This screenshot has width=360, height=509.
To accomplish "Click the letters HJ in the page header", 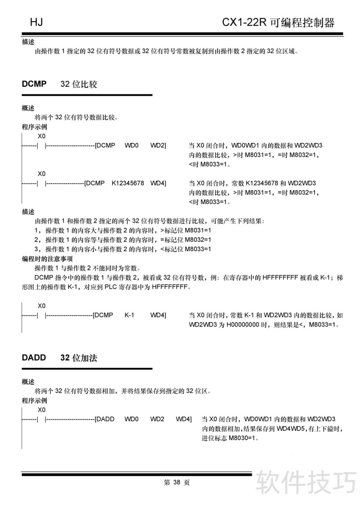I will (36, 22).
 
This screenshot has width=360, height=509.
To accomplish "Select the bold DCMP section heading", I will (34, 84).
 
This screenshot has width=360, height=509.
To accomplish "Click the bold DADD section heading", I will (34, 358).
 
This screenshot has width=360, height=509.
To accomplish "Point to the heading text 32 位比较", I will (78, 84).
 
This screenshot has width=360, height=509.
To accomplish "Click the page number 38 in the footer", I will (176, 482).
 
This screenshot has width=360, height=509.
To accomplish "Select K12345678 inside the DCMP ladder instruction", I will (128, 183).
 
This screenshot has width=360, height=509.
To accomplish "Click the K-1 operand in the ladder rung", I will (130, 315).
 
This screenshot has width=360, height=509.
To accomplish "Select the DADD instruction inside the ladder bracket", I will (106, 419).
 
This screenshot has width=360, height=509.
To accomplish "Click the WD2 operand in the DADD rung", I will (157, 419).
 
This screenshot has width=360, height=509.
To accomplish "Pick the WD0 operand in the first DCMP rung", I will (131, 145).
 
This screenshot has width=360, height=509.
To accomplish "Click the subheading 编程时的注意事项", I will (47, 259).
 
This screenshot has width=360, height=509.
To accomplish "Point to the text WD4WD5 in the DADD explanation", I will (291, 429).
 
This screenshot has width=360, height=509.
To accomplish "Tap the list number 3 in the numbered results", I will (36, 249).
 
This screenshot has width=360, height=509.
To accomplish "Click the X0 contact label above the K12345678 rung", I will (41, 173).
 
